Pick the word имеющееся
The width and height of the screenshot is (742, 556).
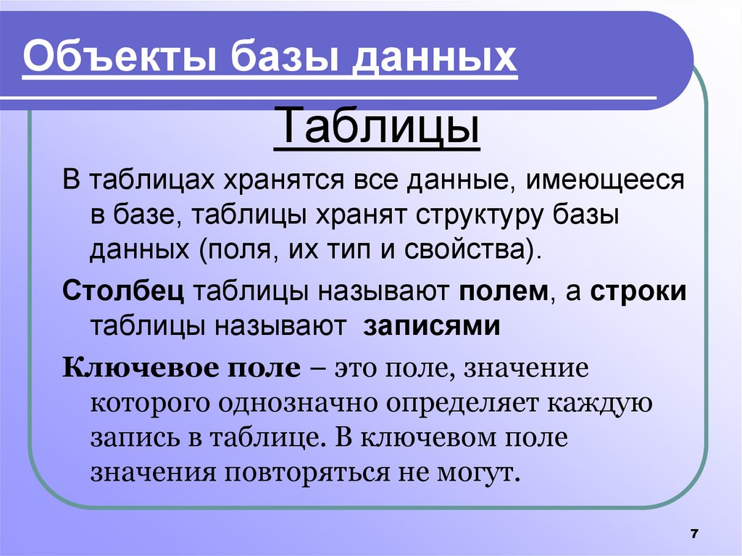click(x=604, y=180)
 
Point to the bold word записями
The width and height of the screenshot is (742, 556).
click(x=432, y=325)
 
